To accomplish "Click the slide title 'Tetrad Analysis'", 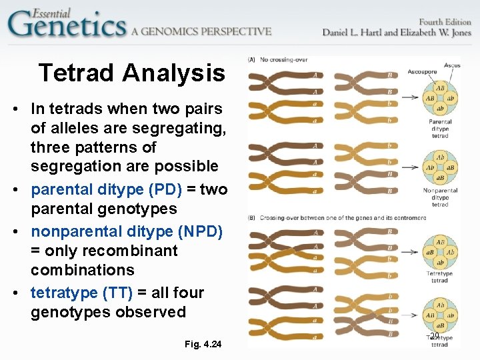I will point(132,73).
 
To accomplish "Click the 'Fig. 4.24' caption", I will point(203,344).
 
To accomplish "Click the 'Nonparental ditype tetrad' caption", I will point(440,197).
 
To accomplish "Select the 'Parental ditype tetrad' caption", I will point(440,129).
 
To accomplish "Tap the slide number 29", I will point(435,337).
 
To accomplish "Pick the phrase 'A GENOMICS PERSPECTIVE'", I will point(201,31).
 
